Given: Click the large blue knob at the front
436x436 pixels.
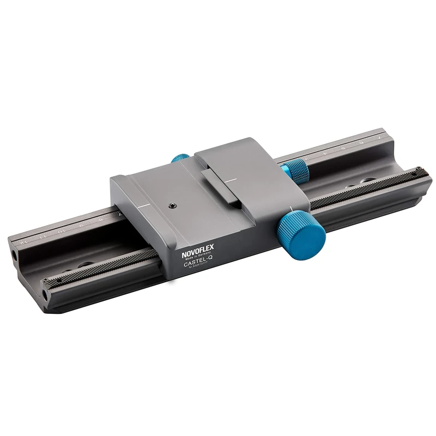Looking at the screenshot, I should (304, 233).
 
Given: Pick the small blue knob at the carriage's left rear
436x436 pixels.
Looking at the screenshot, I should (178, 159).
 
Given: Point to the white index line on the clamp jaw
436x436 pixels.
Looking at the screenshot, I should (233, 179).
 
